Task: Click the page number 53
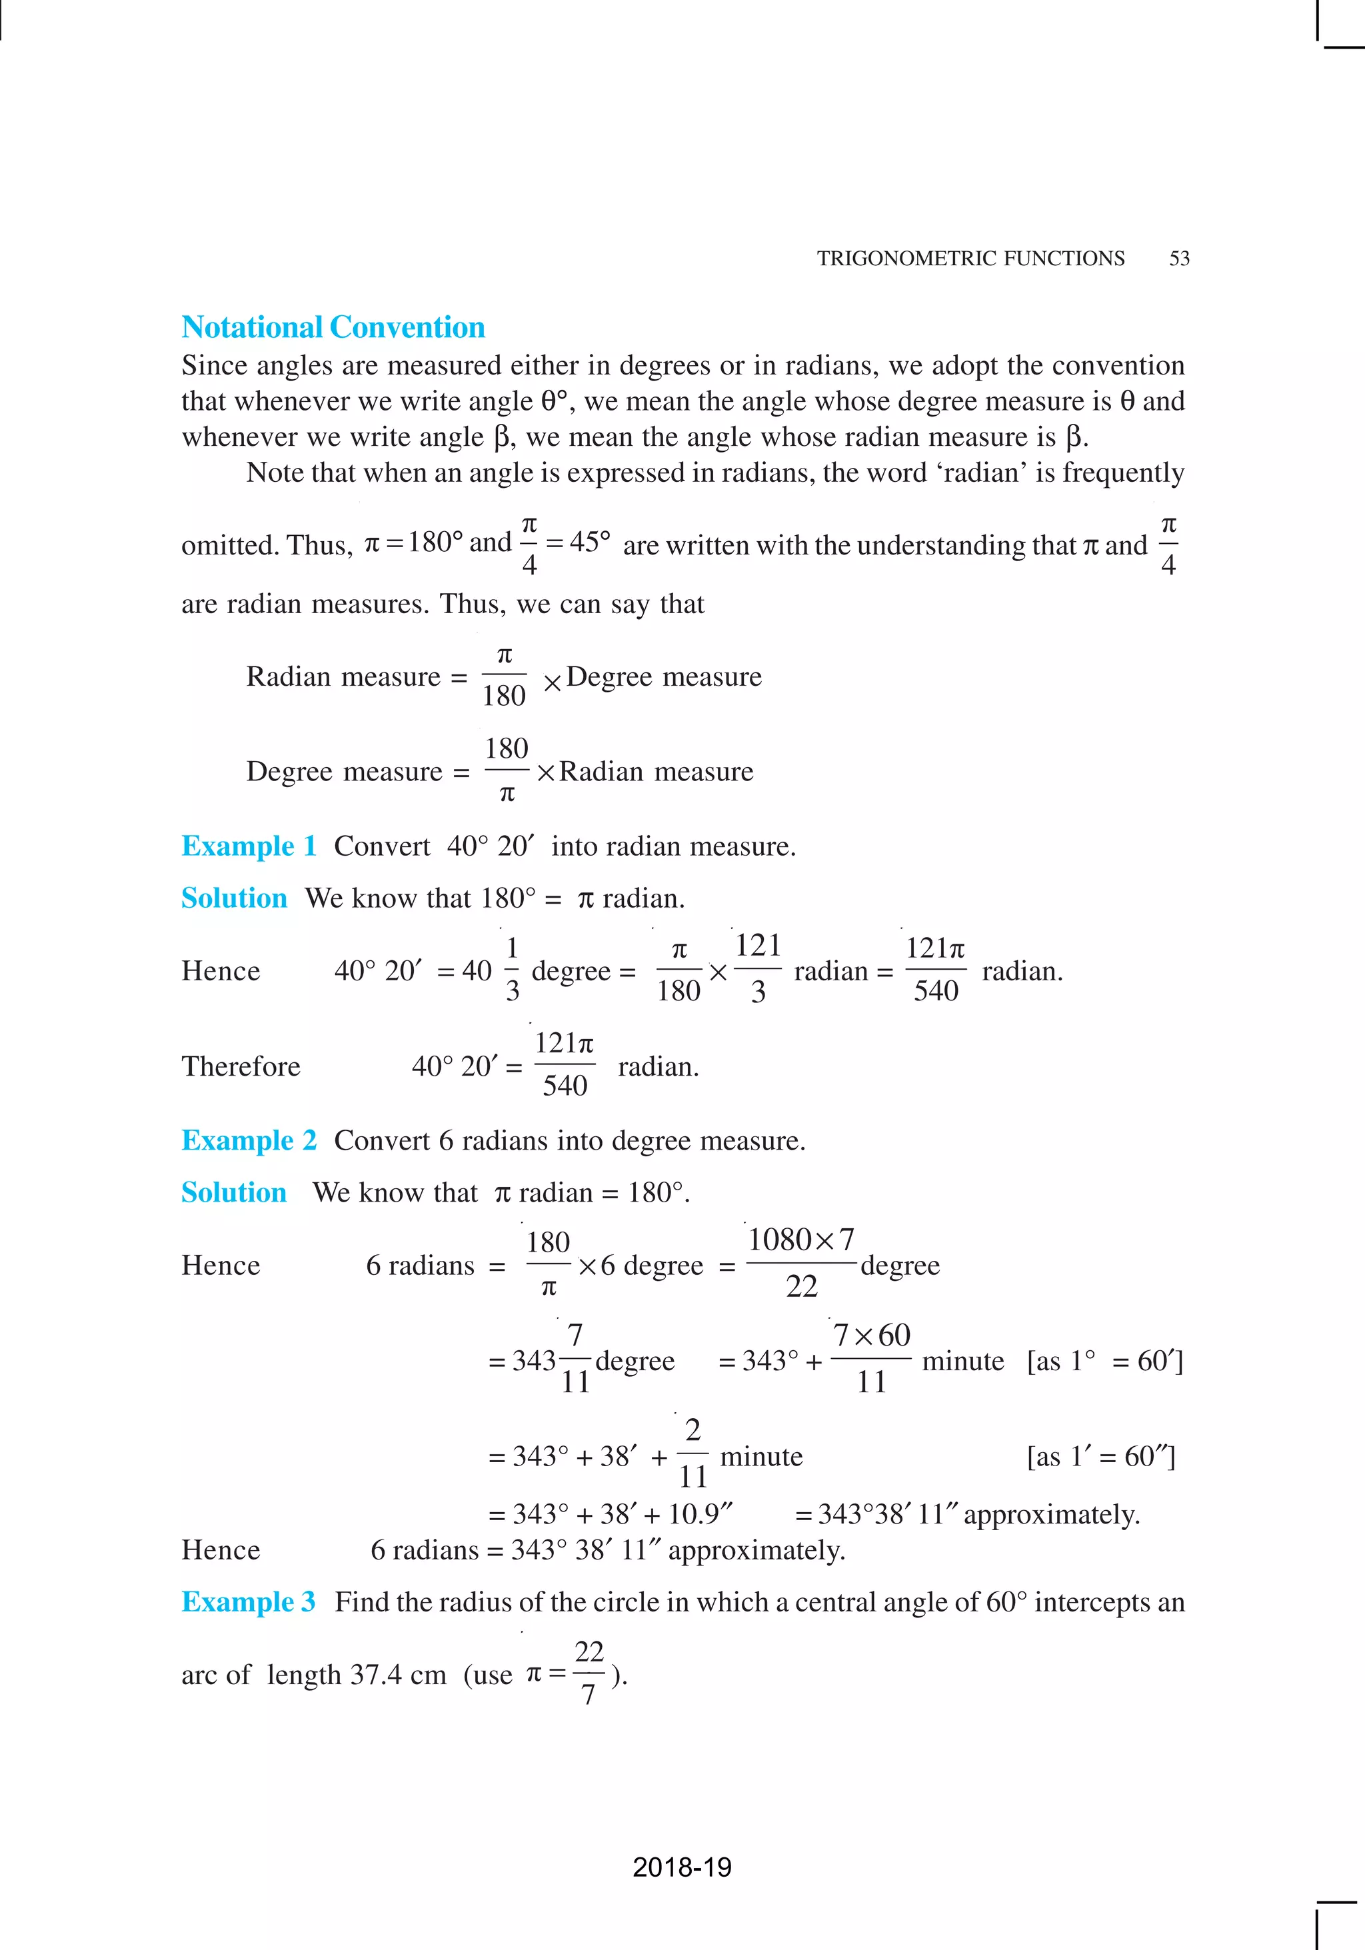pos(1179,258)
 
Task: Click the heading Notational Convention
pos(333,327)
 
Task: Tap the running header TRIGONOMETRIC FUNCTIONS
pos(970,258)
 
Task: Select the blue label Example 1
pos(248,846)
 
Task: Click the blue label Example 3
pos(248,1602)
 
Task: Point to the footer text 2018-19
pos(682,1867)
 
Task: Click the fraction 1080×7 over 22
pos(800,1263)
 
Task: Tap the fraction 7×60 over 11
pos(870,1358)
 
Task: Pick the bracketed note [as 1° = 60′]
pos(1104,1361)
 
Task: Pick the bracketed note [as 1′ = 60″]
pos(1101,1457)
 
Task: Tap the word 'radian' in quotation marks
pos(982,473)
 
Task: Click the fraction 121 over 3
pos(758,968)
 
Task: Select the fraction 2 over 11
pos(693,1454)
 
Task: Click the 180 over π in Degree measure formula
pos(507,770)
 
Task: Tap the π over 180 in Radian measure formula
pos(504,676)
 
